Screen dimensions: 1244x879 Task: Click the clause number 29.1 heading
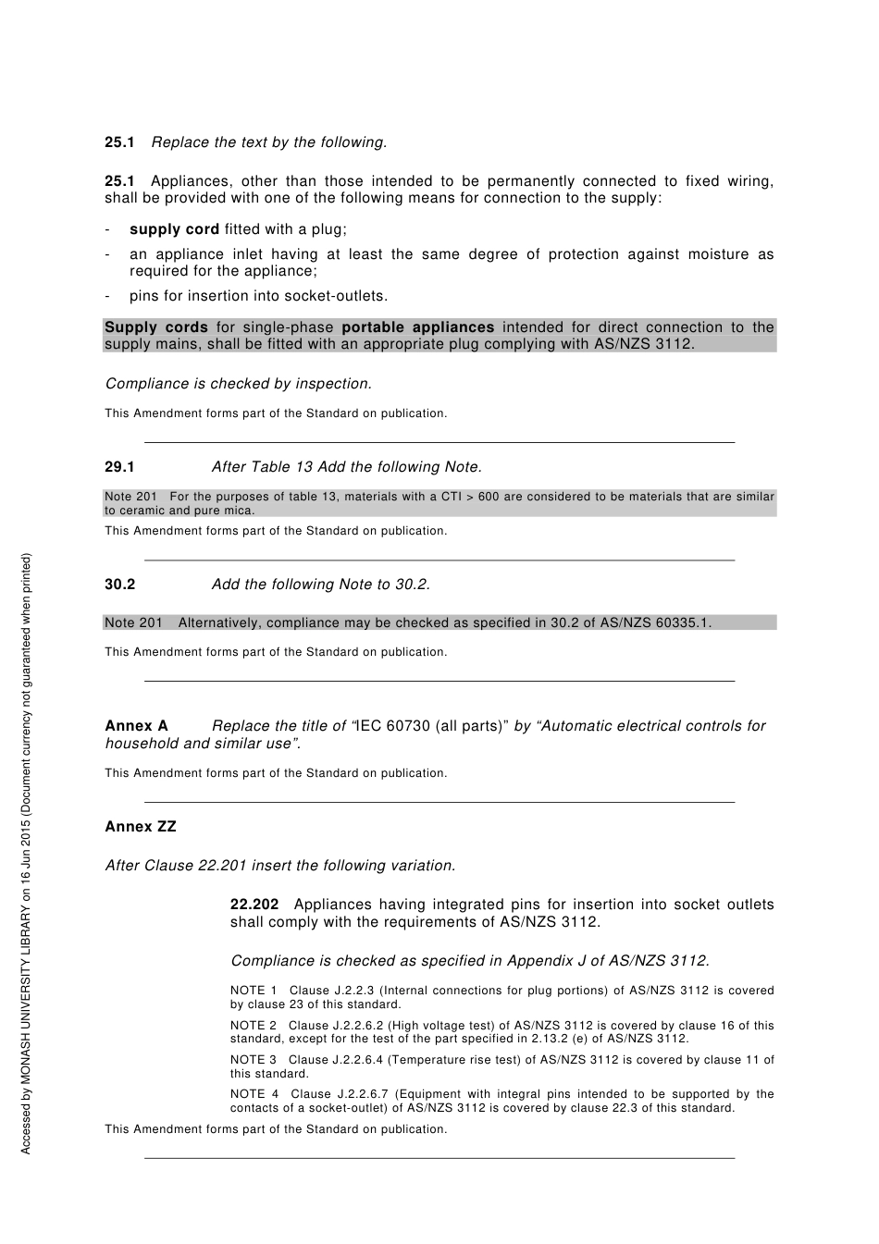[x=119, y=467]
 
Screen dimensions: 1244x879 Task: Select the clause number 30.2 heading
[x=119, y=585]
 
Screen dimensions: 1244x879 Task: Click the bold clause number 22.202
[x=254, y=905]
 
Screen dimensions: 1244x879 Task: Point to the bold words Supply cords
[x=155, y=327]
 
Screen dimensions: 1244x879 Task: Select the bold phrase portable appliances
[x=418, y=327]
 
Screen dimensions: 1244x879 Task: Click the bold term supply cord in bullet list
[x=174, y=229]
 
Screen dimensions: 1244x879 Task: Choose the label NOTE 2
[x=254, y=1026]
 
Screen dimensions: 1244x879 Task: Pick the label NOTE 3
[x=254, y=1060]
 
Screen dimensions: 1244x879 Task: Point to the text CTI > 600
[x=470, y=497]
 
